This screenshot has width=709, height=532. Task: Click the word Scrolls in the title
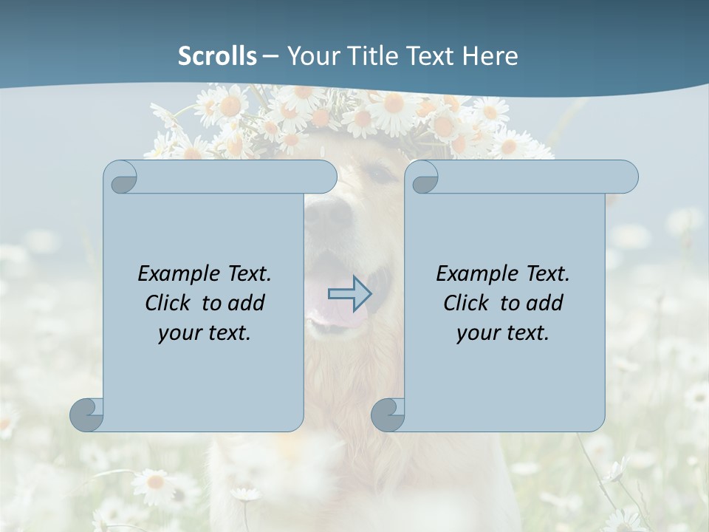coord(217,56)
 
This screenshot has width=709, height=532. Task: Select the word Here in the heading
coord(490,56)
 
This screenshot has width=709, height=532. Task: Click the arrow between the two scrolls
coord(349,294)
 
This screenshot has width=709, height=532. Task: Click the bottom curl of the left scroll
coord(86,415)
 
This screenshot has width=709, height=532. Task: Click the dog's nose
coord(328,213)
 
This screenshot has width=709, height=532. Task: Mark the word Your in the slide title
coord(309,56)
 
